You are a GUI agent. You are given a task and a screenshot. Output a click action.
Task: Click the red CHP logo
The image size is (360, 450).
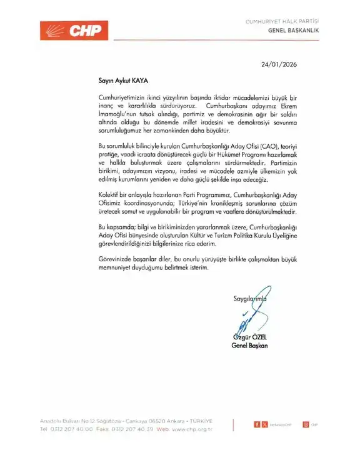(74, 30)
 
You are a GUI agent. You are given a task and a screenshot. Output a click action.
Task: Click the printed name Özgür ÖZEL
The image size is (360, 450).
(250, 337)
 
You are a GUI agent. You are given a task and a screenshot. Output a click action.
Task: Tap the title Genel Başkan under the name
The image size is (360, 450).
(249, 346)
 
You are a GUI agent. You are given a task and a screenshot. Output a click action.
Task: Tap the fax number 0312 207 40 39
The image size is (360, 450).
(131, 430)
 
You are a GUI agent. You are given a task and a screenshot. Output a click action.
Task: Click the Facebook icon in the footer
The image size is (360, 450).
(256, 424)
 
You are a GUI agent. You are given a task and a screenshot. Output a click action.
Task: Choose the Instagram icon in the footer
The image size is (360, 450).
(306, 424)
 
